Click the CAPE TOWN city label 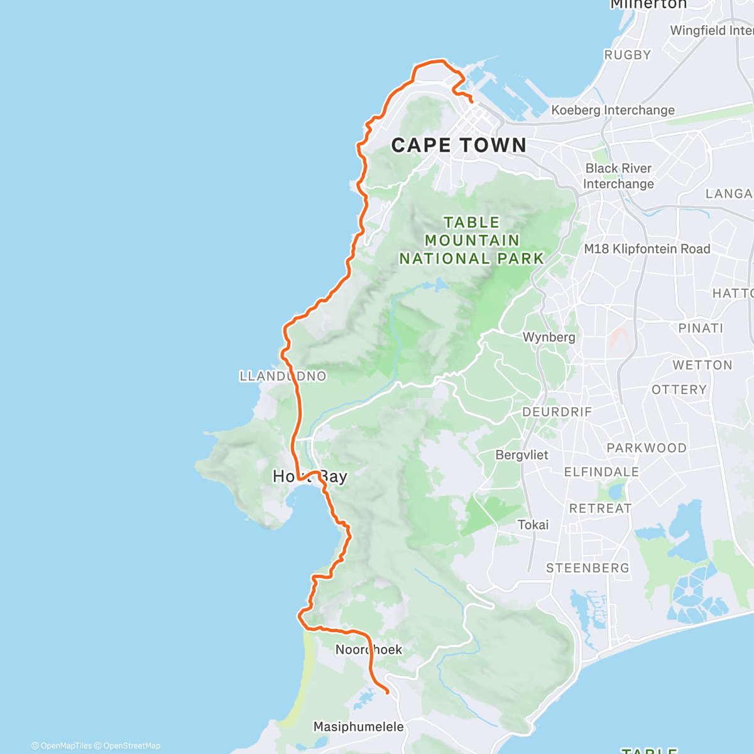pyautogui.click(x=459, y=145)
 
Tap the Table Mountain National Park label pyautogui.click(x=471, y=241)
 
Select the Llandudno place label pyautogui.click(x=283, y=376)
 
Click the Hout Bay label pyautogui.click(x=310, y=476)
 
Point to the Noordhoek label pyautogui.click(x=368, y=650)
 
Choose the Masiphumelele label pyautogui.click(x=358, y=727)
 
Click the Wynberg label pyautogui.click(x=549, y=337)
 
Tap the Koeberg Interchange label pyautogui.click(x=613, y=111)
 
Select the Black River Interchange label pyautogui.click(x=618, y=177)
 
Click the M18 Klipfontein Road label pyautogui.click(x=647, y=249)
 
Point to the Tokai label pyautogui.click(x=533, y=525)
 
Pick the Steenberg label pyautogui.click(x=587, y=568)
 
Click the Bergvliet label pyautogui.click(x=522, y=455)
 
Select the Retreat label pyautogui.click(x=600, y=508)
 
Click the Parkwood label pyautogui.click(x=646, y=448)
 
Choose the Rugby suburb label pyautogui.click(x=627, y=55)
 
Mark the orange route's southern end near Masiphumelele pyautogui.click(x=388, y=692)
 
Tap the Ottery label pyautogui.click(x=679, y=390)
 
